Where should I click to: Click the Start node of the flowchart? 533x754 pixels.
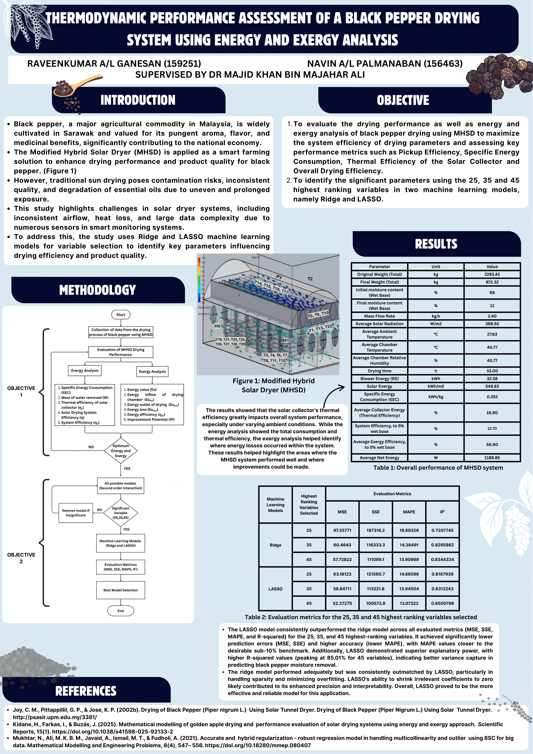tap(121, 315)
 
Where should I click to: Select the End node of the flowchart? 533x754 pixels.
tap(121, 611)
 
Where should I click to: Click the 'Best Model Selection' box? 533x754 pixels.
tap(121, 590)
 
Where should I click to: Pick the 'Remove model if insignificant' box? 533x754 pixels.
tap(76, 513)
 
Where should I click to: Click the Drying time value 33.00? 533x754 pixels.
tap(492, 371)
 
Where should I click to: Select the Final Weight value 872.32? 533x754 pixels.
tap(492, 282)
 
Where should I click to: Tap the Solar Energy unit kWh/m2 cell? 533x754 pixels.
tap(436, 386)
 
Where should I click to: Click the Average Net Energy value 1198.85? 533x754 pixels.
tap(492, 457)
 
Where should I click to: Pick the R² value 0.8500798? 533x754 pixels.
tap(442, 603)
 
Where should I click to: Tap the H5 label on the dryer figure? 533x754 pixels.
tap(217, 326)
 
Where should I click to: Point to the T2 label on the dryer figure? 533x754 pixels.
tap(310, 279)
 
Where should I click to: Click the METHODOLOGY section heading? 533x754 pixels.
tap(98, 290)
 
